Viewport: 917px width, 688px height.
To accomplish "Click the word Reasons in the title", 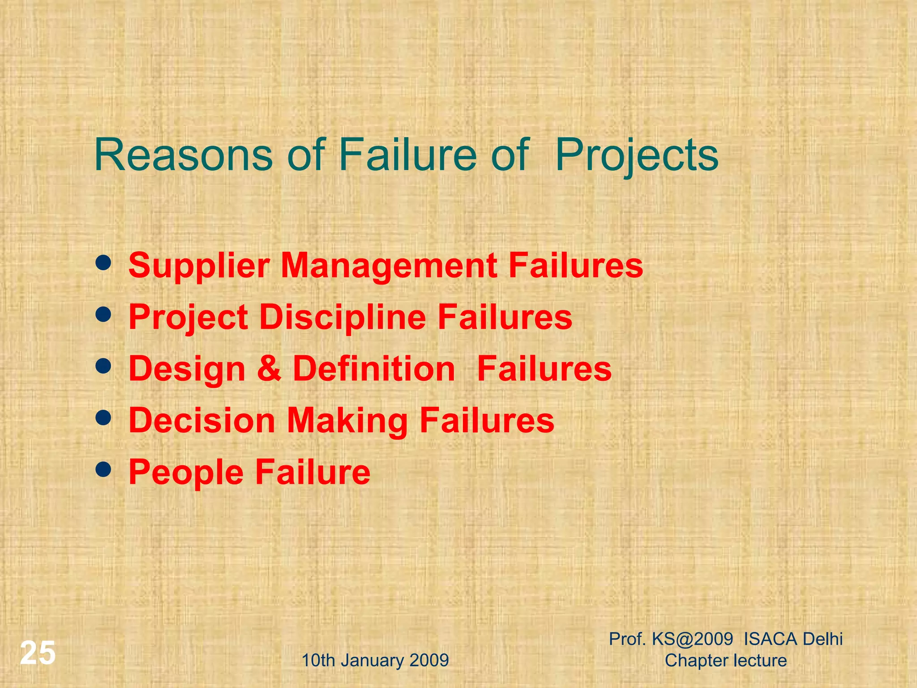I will (x=184, y=155).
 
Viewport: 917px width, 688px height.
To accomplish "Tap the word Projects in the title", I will (x=637, y=155).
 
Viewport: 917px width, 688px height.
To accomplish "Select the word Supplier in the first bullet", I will (x=199, y=266).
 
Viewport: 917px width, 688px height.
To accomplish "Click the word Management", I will (x=389, y=266).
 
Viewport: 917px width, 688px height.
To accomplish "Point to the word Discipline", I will (x=343, y=318).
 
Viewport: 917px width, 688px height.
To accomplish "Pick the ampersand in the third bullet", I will (x=269, y=369).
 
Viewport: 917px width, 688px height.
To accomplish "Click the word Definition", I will (x=374, y=369).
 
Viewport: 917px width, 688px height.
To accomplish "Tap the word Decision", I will (x=202, y=421).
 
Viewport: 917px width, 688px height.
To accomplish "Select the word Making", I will (x=347, y=421).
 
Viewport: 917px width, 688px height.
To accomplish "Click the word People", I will (x=186, y=473).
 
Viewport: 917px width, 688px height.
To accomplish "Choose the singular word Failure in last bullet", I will (x=313, y=472).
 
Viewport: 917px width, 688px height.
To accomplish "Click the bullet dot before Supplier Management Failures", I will (x=103, y=263).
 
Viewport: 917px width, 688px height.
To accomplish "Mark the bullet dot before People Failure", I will (x=103, y=470).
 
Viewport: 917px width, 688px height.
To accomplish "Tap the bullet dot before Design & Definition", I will (x=103, y=367).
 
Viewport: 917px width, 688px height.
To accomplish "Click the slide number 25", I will (x=38, y=653).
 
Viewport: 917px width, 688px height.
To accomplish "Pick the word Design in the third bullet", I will (x=187, y=369).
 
